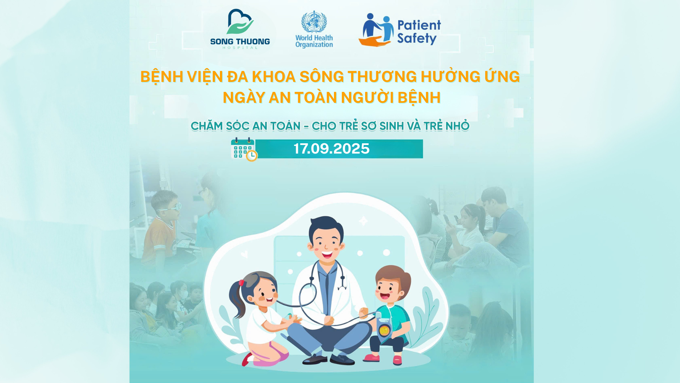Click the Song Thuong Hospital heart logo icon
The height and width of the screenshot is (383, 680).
(x=240, y=22)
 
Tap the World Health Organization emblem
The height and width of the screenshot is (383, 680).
(x=314, y=22)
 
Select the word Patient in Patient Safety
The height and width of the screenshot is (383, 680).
(x=419, y=25)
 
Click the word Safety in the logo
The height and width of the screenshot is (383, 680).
(x=417, y=38)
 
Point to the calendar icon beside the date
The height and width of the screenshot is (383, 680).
(x=244, y=149)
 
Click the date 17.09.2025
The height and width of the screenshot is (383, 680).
(x=331, y=149)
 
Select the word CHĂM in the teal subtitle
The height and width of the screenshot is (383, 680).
(x=206, y=126)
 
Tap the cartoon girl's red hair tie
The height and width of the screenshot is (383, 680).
(x=242, y=283)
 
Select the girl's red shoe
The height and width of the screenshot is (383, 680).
(x=246, y=360)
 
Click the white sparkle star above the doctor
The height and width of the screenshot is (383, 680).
(x=363, y=221)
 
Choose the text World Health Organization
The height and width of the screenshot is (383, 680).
(x=314, y=41)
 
